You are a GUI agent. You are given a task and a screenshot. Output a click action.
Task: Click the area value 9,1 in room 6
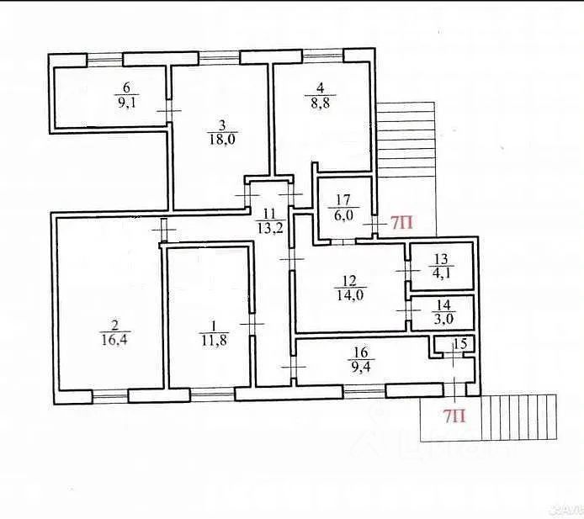click(126, 105)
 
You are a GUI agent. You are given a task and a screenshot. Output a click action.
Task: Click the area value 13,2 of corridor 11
click(268, 225)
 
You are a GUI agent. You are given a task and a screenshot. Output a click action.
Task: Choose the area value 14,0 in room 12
click(349, 295)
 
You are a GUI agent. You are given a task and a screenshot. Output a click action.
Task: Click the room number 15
click(460, 344)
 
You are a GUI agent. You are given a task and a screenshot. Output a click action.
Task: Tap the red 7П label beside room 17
click(401, 223)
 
